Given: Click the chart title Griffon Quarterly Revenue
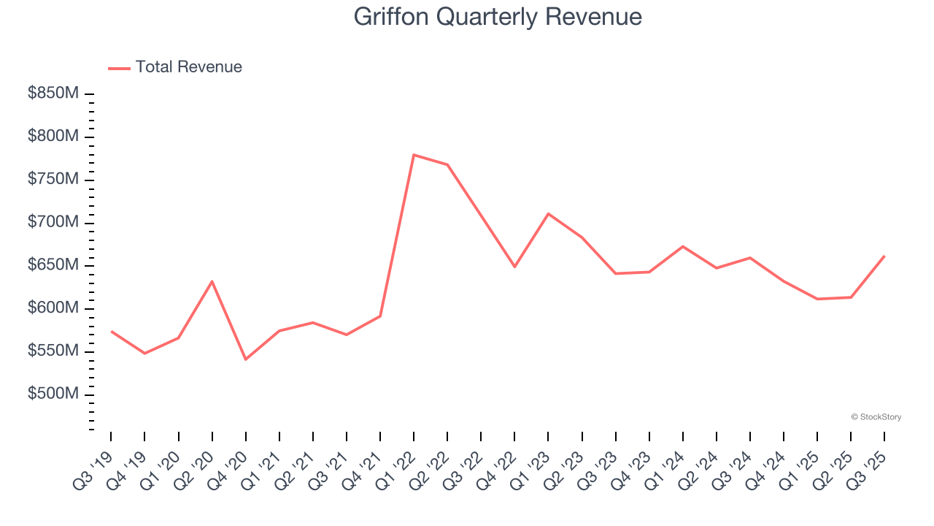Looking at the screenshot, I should [x=498, y=17].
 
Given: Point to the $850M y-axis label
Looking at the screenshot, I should [x=53, y=94].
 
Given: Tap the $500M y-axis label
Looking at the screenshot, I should [x=53, y=394].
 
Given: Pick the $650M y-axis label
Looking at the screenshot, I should [x=53, y=265].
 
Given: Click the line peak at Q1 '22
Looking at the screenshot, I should [x=414, y=155].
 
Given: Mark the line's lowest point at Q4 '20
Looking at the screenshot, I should [x=246, y=359].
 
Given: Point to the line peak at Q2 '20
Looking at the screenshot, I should [x=212, y=281].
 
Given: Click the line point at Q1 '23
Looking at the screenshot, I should [x=548, y=213].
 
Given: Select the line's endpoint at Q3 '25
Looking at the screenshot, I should [x=884, y=256].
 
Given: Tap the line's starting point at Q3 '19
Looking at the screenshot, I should [x=111, y=331].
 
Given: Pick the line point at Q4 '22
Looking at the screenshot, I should [x=514, y=267].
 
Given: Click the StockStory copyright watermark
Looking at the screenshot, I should [x=876, y=417].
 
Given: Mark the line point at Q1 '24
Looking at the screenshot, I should [x=682, y=246].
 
